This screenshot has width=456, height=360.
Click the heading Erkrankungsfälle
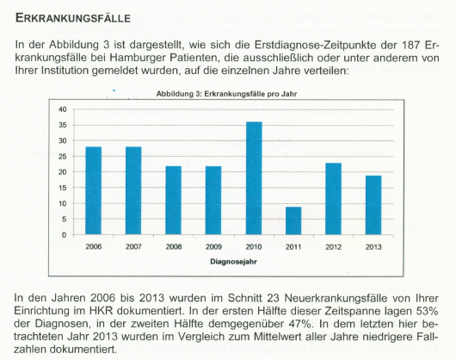coord(73,18)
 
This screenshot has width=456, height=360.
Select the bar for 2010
coord(254,178)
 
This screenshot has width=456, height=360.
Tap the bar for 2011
coord(293,220)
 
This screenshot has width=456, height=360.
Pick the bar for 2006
coord(94,190)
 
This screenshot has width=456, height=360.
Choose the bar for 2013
coord(373,205)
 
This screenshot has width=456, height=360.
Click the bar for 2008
coord(174,200)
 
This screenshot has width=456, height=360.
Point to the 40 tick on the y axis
coord(63,109)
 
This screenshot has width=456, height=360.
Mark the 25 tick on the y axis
coord(63,157)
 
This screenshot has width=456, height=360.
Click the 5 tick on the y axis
coord(65,219)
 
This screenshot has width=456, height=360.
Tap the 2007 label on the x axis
coord(133,247)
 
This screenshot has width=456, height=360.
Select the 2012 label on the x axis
coord(333,247)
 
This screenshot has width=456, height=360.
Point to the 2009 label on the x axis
coord(213,247)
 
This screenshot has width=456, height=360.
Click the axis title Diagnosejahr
coord(233,262)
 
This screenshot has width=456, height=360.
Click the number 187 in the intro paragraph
coord(411,45)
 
